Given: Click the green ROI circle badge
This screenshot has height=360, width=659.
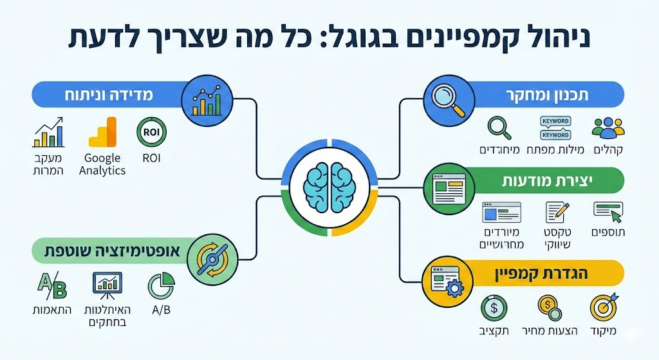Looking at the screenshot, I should point(152,133).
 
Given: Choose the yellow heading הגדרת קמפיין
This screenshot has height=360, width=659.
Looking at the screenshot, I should point(547,273).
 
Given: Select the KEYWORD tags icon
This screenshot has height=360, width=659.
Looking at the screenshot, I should point(555,128).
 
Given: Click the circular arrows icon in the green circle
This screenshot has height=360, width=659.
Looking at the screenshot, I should point(210,258).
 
